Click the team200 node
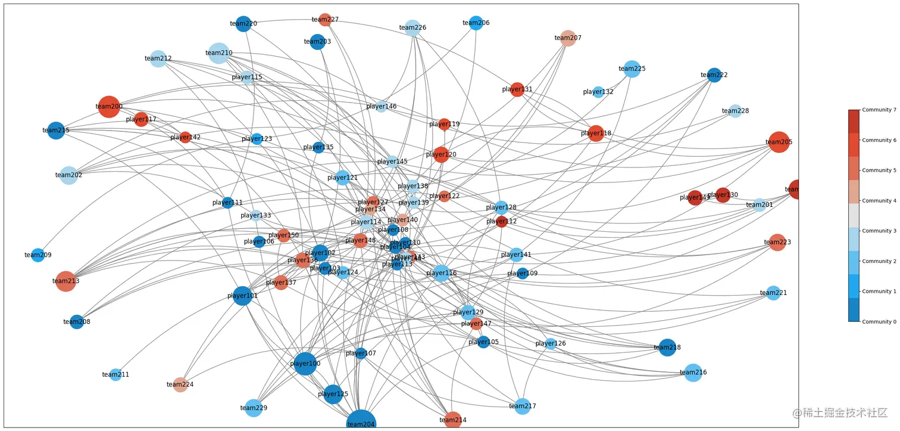coord(109,107)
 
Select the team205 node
coord(779,142)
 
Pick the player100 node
coord(305,364)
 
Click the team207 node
coord(568,38)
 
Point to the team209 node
coord(37,255)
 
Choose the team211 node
coord(115,374)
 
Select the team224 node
coord(180,385)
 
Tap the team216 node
coord(693,373)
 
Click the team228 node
coord(735,111)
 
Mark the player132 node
coord(598,92)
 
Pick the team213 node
coord(65,281)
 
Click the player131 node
coord(517,89)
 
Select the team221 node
coord(773,293)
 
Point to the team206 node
coord(476,23)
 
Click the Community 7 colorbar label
coord(879,110)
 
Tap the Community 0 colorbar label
coord(879,322)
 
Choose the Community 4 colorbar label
coord(879,201)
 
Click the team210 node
coord(219,53)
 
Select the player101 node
coord(242,296)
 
